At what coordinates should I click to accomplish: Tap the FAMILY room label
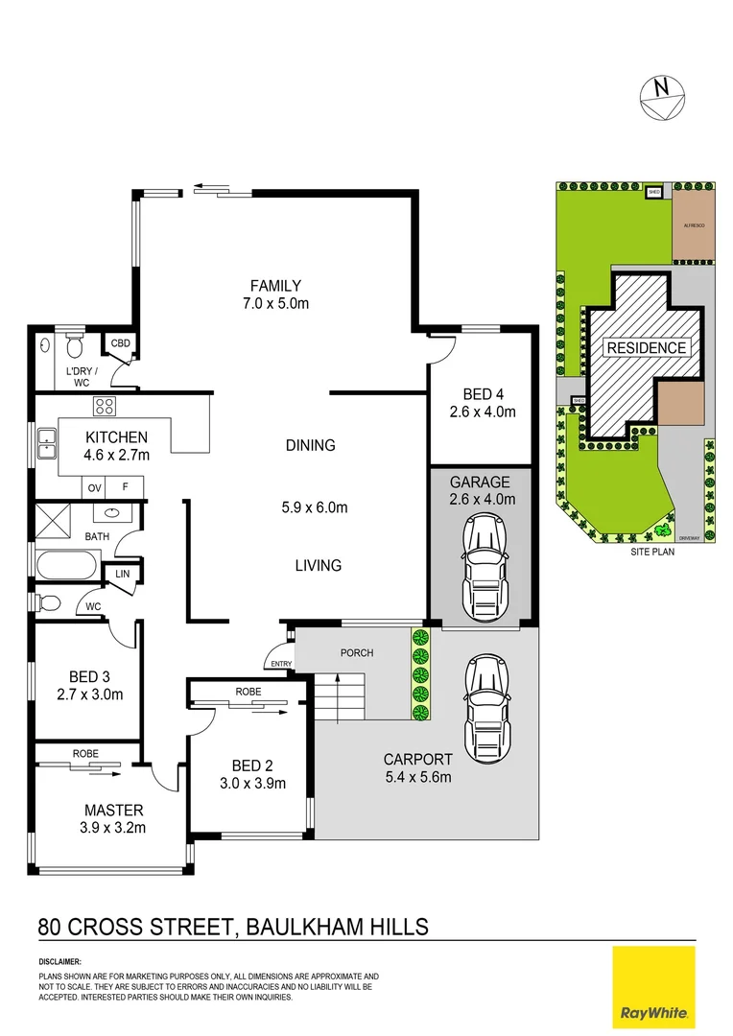tap(275, 285)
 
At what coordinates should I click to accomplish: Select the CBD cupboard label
tap(121, 343)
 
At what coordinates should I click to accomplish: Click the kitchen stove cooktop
tap(104, 406)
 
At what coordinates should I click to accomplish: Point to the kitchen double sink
tap(46, 443)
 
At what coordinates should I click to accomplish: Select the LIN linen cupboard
tap(123, 573)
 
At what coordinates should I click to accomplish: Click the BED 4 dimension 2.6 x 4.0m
tap(483, 412)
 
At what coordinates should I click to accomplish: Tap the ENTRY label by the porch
tap(281, 663)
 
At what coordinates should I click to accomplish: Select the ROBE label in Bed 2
tap(248, 691)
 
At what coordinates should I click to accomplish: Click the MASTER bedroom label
tap(113, 810)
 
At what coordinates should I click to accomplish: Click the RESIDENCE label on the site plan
tap(646, 347)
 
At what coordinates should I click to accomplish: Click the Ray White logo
tap(653, 986)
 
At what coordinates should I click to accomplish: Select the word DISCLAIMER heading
tap(60, 960)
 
